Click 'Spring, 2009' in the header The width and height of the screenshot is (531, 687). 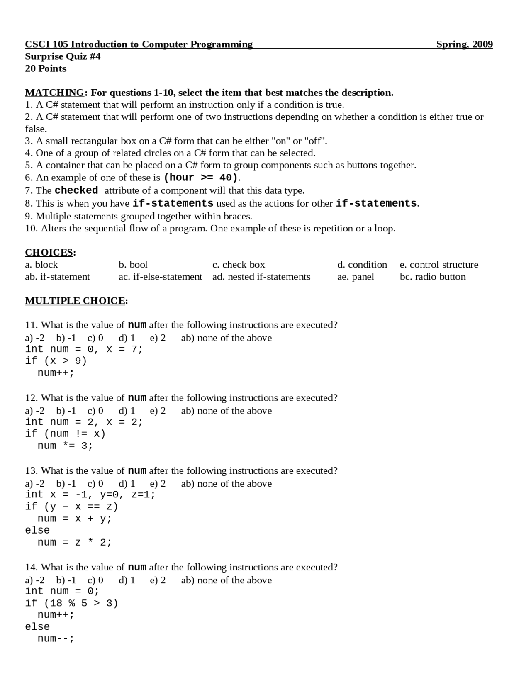[x=464, y=44]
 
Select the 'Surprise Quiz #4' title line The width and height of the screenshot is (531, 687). [x=63, y=56]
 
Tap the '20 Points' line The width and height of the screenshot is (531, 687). [x=46, y=68]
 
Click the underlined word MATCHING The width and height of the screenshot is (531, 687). [x=54, y=93]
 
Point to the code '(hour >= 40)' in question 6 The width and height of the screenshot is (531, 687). [x=201, y=178]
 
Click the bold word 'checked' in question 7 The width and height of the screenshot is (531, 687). [x=76, y=190]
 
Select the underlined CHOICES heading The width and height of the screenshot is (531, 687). [x=49, y=252]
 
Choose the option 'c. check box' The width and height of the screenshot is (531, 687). [x=239, y=265]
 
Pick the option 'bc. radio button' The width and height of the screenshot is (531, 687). [x=433, y=277]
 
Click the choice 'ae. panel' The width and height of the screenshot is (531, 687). [x=356, y=277]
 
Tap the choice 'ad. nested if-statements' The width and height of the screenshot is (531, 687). [x=261, y=277]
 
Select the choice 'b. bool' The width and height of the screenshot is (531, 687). [x=133, y=265]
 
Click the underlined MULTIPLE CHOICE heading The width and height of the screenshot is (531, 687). [x=75, y=301]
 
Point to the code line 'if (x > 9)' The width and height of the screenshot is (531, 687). [x=56, y=361]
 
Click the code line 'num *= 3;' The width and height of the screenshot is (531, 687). [x=65, y=446]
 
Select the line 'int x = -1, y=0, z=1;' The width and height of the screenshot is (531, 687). [x=90, y=495]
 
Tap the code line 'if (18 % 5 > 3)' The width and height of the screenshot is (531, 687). [x=71, y=603]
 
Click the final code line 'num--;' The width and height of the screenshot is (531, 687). [x=56, y=638]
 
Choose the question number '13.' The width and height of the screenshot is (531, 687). [x=32, y=471]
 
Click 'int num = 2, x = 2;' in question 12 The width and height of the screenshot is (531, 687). [x=84, y=422]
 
